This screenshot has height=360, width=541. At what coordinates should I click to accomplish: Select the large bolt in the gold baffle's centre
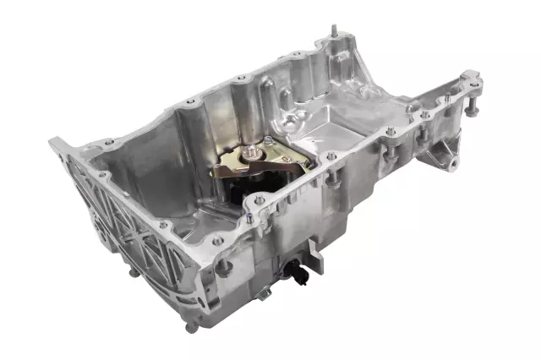coord(252,155)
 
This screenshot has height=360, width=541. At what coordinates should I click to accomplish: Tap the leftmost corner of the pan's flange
coord(52,144)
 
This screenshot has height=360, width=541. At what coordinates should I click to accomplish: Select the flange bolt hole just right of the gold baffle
coord(331,156)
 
